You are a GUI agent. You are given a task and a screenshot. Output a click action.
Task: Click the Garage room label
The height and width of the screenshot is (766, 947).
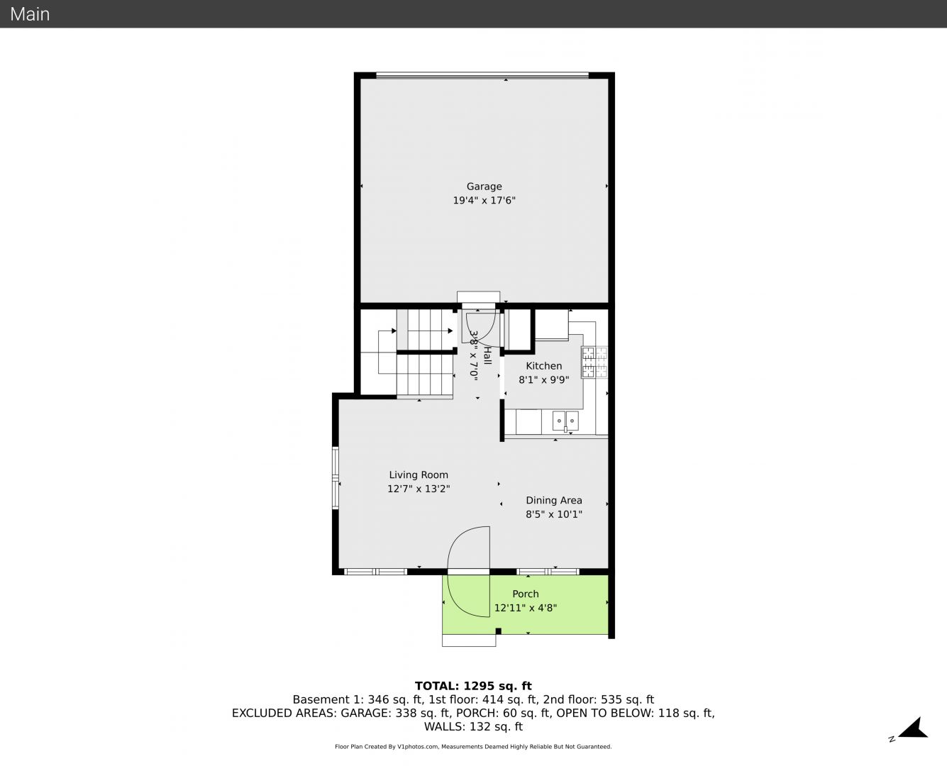(484, 187)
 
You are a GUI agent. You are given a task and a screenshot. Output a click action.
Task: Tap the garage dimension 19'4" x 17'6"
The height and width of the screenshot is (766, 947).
(484, 201)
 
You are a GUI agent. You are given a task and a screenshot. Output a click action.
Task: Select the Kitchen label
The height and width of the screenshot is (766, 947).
(544, 366)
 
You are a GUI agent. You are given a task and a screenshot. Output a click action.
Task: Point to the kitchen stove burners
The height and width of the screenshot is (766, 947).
(594, 362)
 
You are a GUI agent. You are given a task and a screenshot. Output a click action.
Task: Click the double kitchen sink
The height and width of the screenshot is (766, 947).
(565, 421)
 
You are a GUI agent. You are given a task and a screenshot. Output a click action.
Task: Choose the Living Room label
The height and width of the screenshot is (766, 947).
(419, 474)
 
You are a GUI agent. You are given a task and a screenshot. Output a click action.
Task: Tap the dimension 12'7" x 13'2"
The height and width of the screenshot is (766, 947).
(419, 489)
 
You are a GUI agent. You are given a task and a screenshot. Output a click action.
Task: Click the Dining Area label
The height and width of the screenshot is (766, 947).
(553, 500)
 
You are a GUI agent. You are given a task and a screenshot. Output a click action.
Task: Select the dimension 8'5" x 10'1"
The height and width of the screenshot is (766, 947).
(553, 514)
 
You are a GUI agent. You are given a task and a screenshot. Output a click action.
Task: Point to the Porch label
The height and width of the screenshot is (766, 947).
(525, 594)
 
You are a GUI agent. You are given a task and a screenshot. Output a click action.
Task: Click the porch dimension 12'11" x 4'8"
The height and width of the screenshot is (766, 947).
(525, 608)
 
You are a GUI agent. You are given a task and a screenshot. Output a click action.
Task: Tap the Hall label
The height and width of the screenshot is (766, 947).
(487, 355)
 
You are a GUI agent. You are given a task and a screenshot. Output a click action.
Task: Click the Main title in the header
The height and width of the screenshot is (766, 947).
(30, 14)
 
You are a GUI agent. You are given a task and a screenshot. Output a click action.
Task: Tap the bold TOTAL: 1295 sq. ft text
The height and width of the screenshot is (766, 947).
(473, 686)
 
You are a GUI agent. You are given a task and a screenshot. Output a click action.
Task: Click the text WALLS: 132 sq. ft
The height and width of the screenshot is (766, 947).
(473, 727)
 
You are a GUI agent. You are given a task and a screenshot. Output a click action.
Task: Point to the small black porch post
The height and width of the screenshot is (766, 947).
(499, 631)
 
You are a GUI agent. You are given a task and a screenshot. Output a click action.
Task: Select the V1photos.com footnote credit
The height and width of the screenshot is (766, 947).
(473, 747)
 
